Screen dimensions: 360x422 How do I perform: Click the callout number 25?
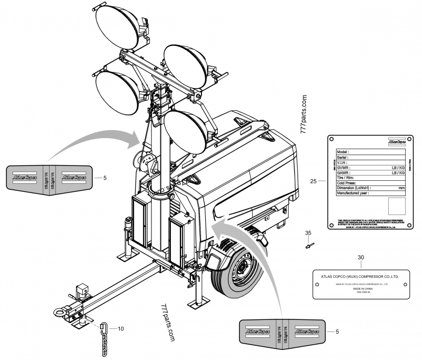point(313,181)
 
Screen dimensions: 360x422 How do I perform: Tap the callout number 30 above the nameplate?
point(361,257)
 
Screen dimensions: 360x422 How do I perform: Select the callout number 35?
point(309,232)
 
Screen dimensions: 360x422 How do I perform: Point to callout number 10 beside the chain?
point(120,328)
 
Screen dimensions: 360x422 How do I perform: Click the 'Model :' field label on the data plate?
point(344,151)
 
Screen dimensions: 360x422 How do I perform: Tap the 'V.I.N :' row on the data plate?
point(343,162)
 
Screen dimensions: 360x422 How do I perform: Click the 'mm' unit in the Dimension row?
point(401,188)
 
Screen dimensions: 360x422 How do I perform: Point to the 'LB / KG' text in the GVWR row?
point(395,168)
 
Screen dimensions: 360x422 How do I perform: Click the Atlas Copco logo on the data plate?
point(395,142)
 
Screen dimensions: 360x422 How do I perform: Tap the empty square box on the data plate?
point(396,206)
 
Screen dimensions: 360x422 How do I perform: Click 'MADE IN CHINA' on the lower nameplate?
point(360,289)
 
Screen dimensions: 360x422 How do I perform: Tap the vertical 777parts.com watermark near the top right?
point(304,115)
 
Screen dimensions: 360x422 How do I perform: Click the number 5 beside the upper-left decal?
point(105,178)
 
